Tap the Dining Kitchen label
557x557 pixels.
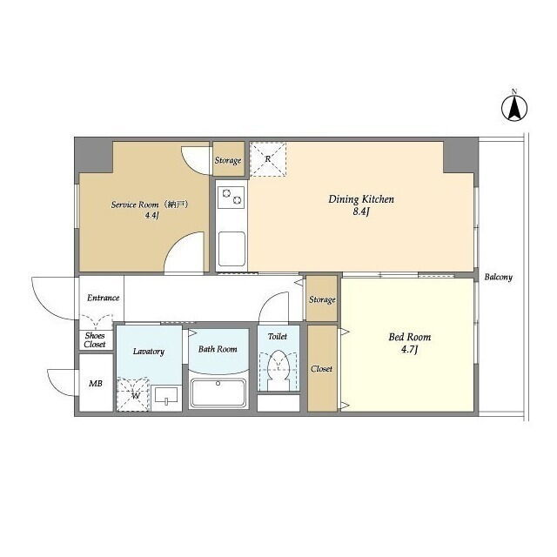click(361, 199)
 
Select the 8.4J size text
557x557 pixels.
click(361, 212)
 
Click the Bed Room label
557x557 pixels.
click(410, 337)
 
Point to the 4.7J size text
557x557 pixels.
click(409, 350)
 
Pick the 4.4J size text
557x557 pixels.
click(151, 216)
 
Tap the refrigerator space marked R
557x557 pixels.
click(268, 159)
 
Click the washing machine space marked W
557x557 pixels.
click(133, 394)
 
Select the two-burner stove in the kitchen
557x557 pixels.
click(231, 198)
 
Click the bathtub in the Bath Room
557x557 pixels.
click(218, 393)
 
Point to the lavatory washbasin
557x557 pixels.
click(166, 395)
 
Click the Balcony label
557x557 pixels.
click(499, 277)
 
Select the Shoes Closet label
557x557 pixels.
click(95, 340)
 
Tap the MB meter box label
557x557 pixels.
click(96, 383)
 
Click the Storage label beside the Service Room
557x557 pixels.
click(228, 160)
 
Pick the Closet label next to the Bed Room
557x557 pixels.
click(321, 369)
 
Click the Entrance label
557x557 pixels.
click(103, 298)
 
